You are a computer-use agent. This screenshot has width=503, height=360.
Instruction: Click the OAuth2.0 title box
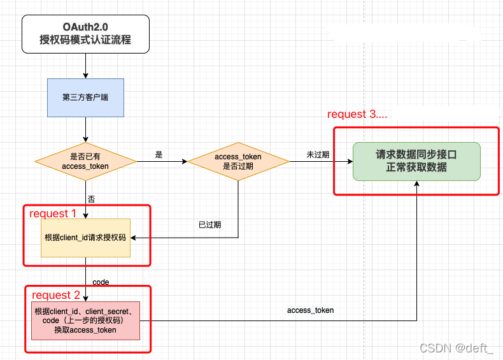tap(85, 33)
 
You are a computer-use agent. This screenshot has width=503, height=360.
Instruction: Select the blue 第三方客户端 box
tap(85, 97)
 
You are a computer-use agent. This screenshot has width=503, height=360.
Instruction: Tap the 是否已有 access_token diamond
tap(85, 161)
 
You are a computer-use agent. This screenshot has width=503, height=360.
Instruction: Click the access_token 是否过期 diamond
tap(238, 161)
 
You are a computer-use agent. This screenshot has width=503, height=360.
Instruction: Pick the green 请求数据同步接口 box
tap(416, 161)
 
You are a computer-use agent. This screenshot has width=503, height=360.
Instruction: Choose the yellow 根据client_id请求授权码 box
tap(85, 238)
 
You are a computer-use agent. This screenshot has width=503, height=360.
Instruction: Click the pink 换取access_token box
tap(85, 320)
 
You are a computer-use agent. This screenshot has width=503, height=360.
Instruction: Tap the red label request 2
tap(56, 295)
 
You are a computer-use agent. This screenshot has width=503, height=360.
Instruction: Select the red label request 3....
tap(357, 115)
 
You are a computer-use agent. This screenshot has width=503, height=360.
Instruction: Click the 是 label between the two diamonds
tap(159, 155)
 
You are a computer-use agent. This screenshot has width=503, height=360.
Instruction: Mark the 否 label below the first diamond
tap(91, 199)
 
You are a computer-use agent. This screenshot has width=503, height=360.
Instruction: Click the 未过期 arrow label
tap(318, 155)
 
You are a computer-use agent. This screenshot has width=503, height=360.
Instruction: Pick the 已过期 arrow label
tap(209, 225)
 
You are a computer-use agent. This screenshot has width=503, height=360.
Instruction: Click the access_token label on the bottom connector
tap(311, 310)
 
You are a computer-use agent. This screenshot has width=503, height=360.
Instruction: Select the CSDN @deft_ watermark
tap(457, 348)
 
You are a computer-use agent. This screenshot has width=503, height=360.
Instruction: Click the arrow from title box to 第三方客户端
tap(85, 66)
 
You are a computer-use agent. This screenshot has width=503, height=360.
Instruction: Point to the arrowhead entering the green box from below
tap(416, 183)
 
